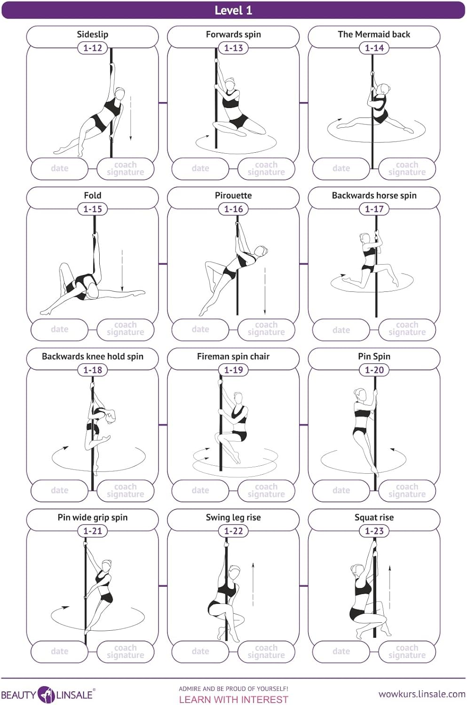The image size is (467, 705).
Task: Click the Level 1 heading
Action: click(233, 10)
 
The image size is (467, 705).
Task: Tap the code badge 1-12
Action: click(93, 48)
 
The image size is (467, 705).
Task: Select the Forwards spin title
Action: click(233, 34)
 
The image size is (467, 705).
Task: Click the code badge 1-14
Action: click(374, 48)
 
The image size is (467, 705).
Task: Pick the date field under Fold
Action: click(60, 329)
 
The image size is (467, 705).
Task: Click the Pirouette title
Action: click(233, 196)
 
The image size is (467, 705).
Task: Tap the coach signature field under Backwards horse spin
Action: click(407, 329)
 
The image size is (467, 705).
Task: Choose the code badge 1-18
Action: click(93, 370)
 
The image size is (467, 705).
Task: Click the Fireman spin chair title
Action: click(233, 356)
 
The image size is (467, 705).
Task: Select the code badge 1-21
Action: click(93, 531)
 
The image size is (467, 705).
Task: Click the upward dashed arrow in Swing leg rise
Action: click(253, 584)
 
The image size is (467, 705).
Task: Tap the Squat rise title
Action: click(374, 517)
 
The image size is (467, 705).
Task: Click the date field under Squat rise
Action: click(341, 651)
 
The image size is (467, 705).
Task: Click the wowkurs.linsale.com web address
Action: click(422, 694)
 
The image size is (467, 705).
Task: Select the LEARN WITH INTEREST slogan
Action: click(233, 700)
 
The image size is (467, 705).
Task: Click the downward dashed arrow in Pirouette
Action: click(265, 291)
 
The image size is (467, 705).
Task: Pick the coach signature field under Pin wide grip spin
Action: click(125, 651)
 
